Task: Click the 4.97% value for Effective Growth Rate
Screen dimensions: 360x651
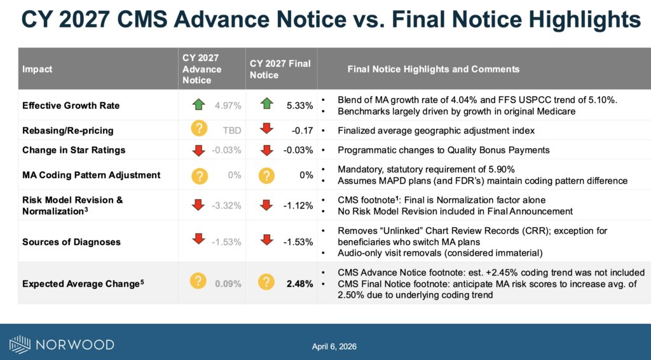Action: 229,105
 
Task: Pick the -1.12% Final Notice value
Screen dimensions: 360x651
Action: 298,205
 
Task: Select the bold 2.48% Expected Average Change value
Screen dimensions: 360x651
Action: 300,284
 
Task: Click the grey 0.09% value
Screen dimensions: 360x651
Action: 229,284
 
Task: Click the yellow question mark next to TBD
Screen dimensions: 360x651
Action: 199,130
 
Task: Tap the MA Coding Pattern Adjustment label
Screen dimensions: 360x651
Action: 91,174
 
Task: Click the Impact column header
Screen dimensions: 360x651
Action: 37,69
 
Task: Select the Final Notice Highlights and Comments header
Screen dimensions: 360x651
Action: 433,69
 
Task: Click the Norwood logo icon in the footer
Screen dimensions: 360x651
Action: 20,345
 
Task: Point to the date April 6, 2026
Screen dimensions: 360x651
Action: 334,347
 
